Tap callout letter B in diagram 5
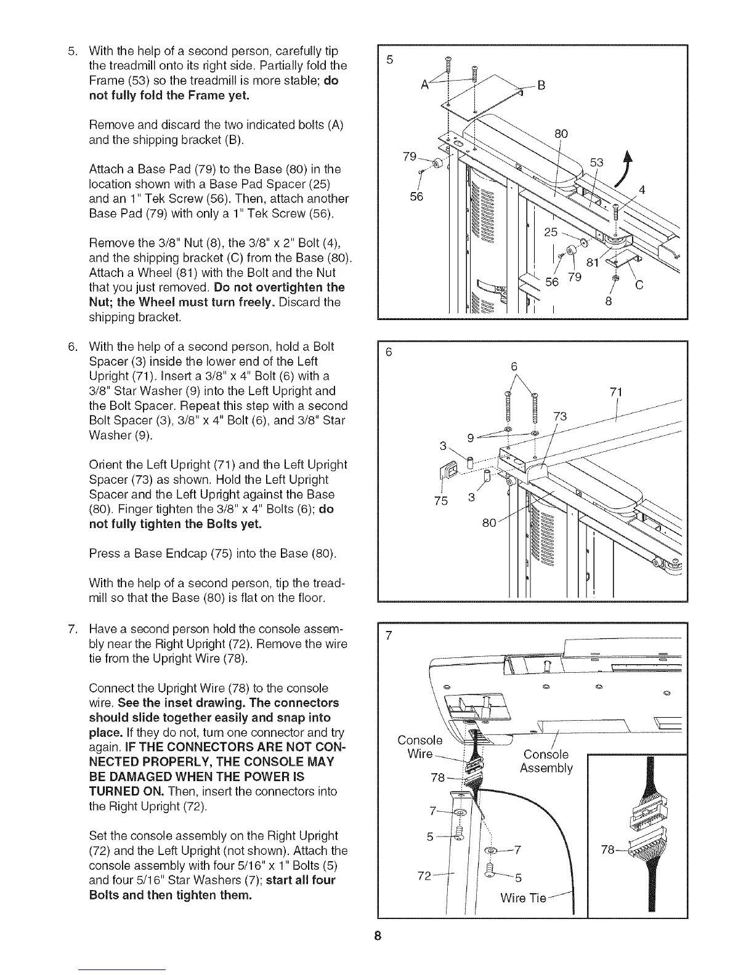pyautogui.click(x=541, y=86)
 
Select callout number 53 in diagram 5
pyautogui.click(x=597, y=162)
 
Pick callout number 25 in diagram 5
pyautogui.click(x=551, y=232)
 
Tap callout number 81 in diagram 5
pyautogui.click(x=593, y=264)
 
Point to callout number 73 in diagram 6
pyautogui.click(x=559, y=417)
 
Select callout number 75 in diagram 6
pyautogui.click(x=440, y=500)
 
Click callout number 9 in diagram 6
pyautogui.click(x=471, y=438)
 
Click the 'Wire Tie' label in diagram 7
pyautogui.click(x=523, y=898)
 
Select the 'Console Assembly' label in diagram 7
pyautogui.click(x=546, y=761)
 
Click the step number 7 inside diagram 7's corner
pyautogui.click(x=388, y=636)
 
